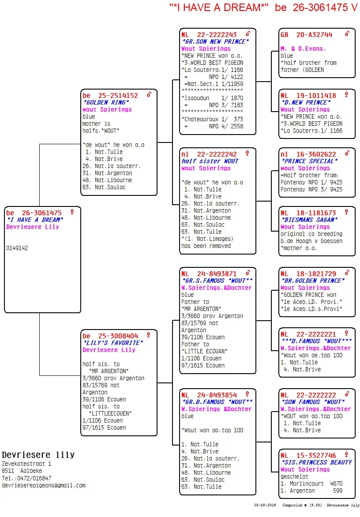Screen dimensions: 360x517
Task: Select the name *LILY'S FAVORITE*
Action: (x=113, y=343)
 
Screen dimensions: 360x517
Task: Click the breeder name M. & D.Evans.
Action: (x=303, y=49)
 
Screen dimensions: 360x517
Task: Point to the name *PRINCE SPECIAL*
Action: (x=309, y=161)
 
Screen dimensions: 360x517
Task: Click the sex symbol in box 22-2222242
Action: (x=247, y=154)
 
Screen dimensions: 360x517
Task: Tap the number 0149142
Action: (x=17, y=248)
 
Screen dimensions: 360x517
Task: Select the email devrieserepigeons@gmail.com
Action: (x=44, y=485)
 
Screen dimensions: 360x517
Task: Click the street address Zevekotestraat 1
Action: (x=26, y=464)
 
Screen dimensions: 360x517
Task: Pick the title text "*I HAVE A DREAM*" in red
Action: (x=219, y=7)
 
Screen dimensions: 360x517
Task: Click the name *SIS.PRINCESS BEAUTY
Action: (x=316, y=462)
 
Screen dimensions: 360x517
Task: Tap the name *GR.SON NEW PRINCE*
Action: (x=215, y=41)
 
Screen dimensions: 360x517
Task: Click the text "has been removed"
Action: (x=206, y=246)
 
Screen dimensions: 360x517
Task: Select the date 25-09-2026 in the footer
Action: (x=265, y=505)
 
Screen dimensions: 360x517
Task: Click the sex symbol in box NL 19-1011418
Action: (x=346, y=95)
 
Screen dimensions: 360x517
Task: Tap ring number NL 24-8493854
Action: (x=209, y=395)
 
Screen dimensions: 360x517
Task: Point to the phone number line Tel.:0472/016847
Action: (x=26, y=478)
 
